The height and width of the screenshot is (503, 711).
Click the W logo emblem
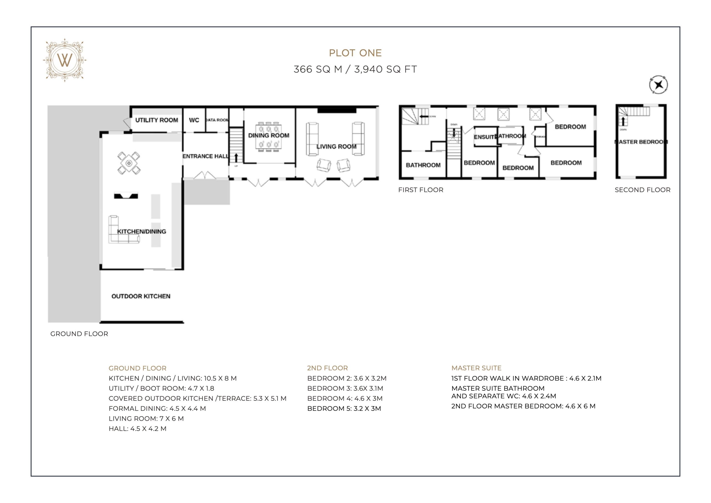(65, 60)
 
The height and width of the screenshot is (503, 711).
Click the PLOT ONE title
(355, 53)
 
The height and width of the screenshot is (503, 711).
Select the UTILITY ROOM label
(156, 120)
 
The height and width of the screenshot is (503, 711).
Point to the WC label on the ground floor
(194, 120)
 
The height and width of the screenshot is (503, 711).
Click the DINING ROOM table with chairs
(269, 137)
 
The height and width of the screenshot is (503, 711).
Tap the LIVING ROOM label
(336, 146)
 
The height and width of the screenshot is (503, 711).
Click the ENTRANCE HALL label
(206, 156)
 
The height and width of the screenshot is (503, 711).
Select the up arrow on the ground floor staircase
(236, 158)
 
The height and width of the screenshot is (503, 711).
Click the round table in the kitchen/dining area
(129, 163)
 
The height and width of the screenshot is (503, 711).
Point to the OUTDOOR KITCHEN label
(141, 296)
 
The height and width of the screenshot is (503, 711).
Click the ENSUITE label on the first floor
(485, 137)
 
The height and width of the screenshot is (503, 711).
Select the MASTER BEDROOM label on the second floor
(641, 142)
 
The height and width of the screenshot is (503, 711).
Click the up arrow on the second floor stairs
(623, 121)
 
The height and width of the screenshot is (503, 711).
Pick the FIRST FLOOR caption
(420, 190)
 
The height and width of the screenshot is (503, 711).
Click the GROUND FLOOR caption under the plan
(79, 334)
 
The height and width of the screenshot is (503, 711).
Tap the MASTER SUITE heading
(476, 368)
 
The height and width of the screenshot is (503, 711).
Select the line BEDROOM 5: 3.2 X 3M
(344, 409)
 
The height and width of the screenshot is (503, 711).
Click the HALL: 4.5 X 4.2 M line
(137, 429)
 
